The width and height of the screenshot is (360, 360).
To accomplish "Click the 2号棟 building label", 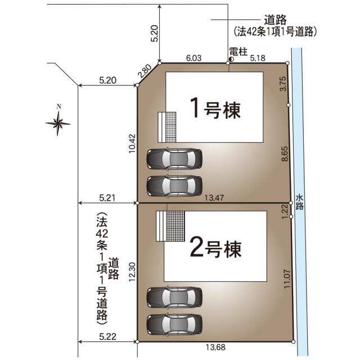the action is point(216,249).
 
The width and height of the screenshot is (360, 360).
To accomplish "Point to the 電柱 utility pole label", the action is point(238,52).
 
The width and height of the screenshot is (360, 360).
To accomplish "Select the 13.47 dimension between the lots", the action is point(214,197).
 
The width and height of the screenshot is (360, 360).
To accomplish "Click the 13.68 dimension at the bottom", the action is point(215,347).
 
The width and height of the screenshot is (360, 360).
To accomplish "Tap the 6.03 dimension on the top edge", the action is point(193,58).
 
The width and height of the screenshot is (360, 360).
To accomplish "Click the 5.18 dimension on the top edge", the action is point(258,58).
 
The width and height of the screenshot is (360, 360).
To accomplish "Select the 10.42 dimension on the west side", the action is point(133,143).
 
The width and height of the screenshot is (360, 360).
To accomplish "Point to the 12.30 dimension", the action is point(133,272).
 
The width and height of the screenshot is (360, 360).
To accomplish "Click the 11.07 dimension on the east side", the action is point(287,279).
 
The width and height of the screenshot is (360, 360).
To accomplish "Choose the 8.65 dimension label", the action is point(285,154).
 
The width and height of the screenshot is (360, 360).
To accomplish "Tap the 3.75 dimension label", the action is point(283,84).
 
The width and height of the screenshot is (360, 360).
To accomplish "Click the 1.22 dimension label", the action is point(285,211).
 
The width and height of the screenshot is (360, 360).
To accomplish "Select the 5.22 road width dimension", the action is point(107,336).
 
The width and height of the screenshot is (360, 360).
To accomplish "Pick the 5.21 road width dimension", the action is point(107,197).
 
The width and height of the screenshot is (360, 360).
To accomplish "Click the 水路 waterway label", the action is point(299,202).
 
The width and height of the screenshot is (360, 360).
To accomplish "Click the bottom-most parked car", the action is point(174,325).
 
